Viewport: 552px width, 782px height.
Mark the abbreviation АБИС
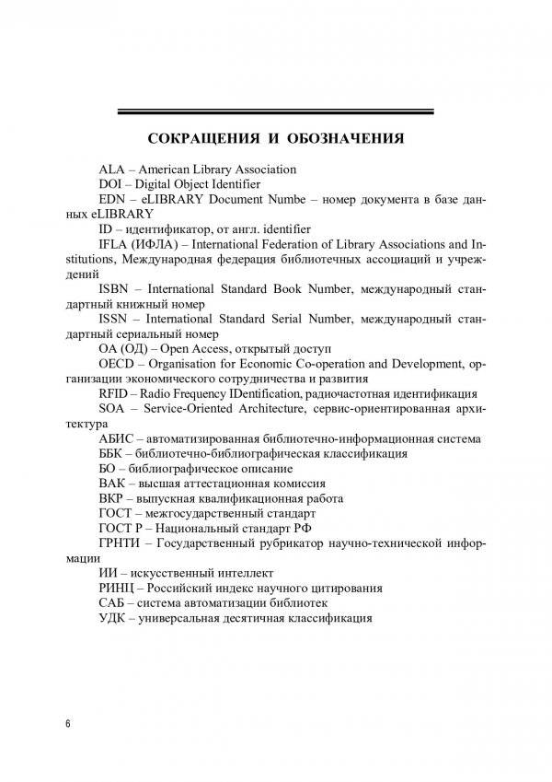pyautogui.click(x=116, y=438)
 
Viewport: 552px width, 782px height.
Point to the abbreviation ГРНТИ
pyautogui.click(x=121, y=543)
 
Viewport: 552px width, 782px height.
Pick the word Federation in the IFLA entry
pyautogui.click(x=299, y=243)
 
